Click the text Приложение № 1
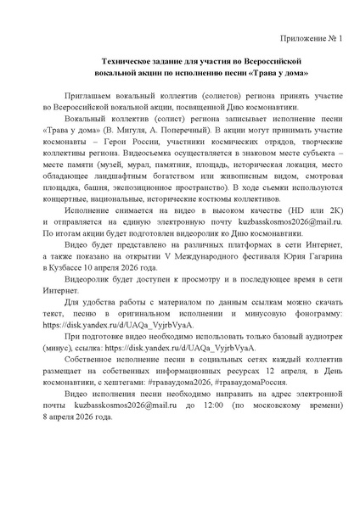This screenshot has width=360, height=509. tap(311, 40)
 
